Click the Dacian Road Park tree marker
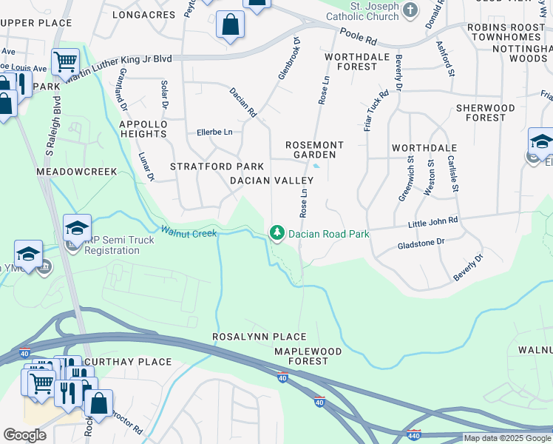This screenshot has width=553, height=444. [x=277, y=233]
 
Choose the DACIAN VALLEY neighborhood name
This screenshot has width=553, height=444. [x=267, y=181]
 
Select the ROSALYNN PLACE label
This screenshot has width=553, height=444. [x=249, y=337]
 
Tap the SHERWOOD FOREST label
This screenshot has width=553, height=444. [x=485, y=112]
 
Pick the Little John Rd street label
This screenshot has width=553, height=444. [x=433, y=221]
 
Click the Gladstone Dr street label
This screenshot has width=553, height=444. [x=421, y=242]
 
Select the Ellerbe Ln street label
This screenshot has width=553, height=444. [x=214, y=132]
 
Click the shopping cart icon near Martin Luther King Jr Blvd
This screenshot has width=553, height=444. [x=65, y=61]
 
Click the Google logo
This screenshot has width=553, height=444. [x=24, y=435]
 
